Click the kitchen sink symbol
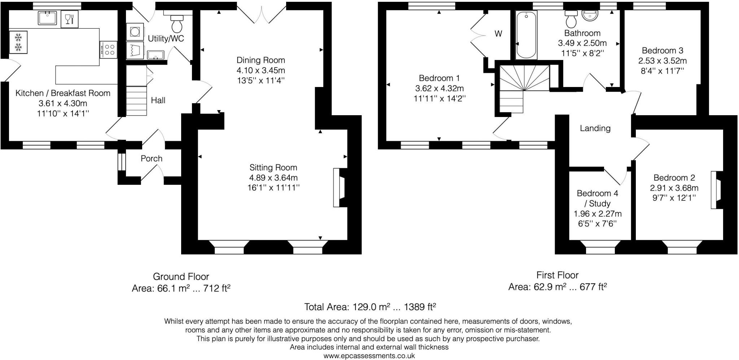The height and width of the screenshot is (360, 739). click(x=47, y=18)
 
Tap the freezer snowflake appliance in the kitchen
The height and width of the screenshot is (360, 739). click(x=18, y=42)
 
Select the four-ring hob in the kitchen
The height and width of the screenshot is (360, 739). click(x=108, y=50)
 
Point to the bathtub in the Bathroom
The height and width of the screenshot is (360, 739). click(x=526, y=35)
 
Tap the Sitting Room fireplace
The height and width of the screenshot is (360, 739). click(x=339, y=187)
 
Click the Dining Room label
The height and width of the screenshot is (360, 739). click(x=261, y=60)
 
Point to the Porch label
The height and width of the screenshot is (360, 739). click(x=152, y=159)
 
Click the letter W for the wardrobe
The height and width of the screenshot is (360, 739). click(x=498, y=34)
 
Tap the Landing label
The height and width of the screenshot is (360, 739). click(x=595, y=128)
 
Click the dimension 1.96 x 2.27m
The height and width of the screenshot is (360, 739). click(x=598, y=214)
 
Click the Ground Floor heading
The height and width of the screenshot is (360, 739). click(x=181, y=277)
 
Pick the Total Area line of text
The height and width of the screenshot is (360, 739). click(x=370, y=307)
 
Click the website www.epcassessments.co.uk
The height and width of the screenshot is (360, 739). click(x=369, y=356)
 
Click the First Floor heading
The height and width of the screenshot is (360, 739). click(x=557, y=275)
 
